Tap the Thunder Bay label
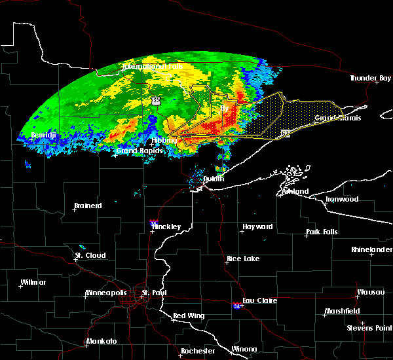pos(369,78)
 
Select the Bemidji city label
pos(43,135)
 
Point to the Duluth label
pos(213,179)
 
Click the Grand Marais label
pos(338,118)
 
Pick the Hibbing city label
pos(164,140)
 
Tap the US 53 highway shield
pos(155,100)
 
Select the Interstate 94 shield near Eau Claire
pos(236,306)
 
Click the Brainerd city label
pos(88,206)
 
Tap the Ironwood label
pos(343,199)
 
